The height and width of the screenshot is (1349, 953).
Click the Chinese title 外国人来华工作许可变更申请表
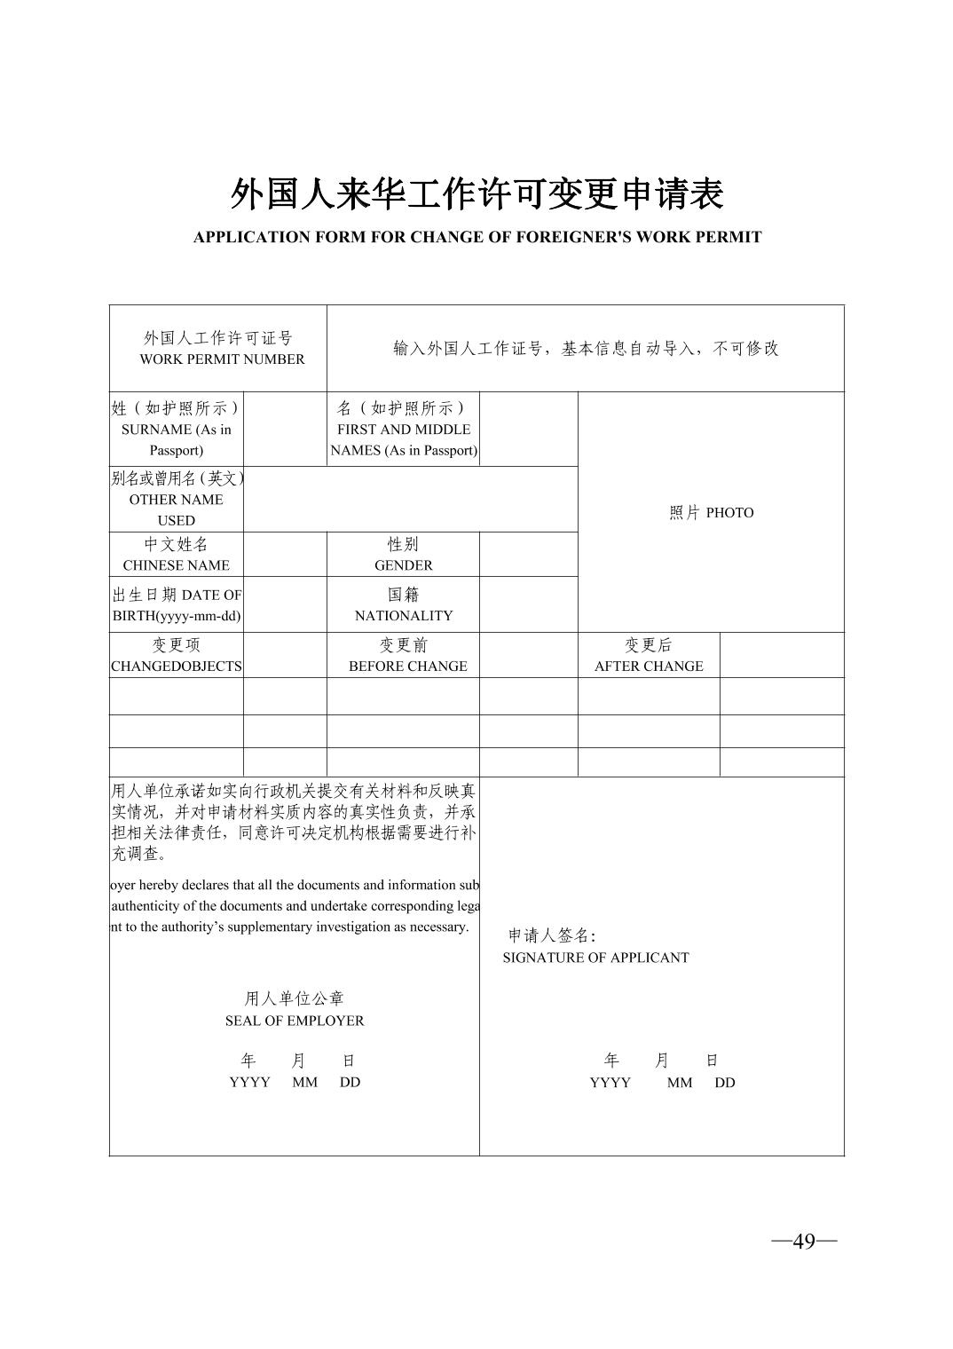pyautogui.click(x=476, y=194)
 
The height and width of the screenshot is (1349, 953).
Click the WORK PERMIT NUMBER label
pyautogui.click(x=222, y=359)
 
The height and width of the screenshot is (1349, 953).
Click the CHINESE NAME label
pyautogui.click(x=176, y=565)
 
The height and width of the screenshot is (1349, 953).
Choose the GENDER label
pyautogui.click(x=404, y=565)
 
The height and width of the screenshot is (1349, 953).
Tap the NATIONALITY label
pyautogui.click(x=404, y=616)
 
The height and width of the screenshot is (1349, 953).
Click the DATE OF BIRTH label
pyautogui.click(x=176, y=605)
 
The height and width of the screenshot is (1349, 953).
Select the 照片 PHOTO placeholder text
pyautogui.click(x=711, y=513)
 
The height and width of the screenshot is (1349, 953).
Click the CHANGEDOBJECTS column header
pyautogui.click(x=176, y=667)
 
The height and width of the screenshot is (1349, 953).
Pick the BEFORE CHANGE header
pyautogui.click(x=407, y=667)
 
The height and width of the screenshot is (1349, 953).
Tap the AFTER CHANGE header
pyautogui.click(x=649, y=667)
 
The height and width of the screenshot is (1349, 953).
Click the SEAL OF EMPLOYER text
pyautogui.click(x=295, y=1021)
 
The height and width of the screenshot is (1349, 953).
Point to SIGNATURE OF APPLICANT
pyautogui.click(x=595, y=958)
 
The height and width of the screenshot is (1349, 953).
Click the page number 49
pyautogui.click(x=804, y=1241)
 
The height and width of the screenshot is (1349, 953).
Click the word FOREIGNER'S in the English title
pyautogui.click(x=579, y=237)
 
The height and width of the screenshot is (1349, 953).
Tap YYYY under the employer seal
pyautogui.click(x=249, y=1083)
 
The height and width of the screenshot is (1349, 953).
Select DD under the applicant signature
pyautogui.click(x=725, y=1083)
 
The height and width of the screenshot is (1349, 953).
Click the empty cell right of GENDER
pyautogui.click(x=528, y=555)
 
